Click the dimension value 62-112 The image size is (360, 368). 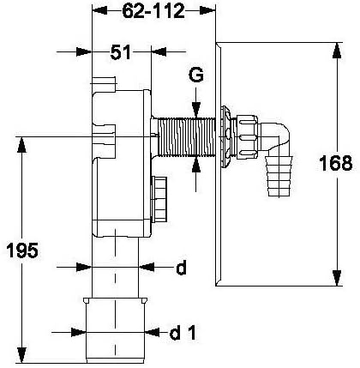pos(153,12)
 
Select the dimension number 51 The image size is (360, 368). pos(121,52)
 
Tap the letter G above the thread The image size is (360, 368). pos(196,75)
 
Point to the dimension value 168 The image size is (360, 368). pos(336,163)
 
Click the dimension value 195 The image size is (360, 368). pos(22,250)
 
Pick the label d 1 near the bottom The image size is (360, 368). pos(183,332)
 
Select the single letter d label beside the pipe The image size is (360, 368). pos(181,268)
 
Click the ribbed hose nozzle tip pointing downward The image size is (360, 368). pos(279,176)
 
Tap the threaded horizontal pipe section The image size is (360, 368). pos(185,136)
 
